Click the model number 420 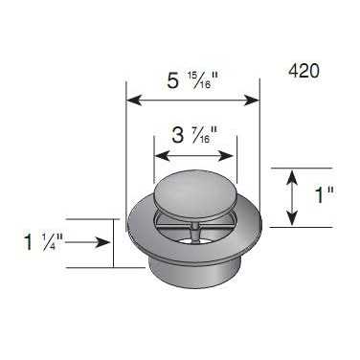[303, 71]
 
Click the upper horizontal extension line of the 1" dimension [287, 168]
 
